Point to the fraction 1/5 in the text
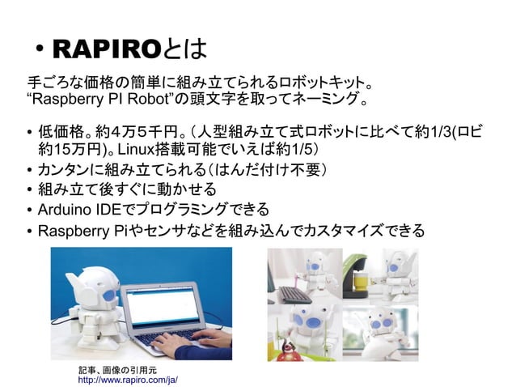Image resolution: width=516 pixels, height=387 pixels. point(294,151)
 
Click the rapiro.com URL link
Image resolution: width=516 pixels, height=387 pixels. point(127,378)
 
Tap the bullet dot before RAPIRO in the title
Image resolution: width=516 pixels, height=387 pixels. point(39,51)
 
